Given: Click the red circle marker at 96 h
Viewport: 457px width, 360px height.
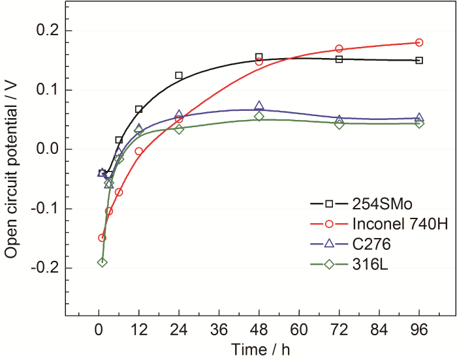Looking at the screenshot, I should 419,42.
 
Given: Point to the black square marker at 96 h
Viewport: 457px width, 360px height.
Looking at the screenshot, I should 419,61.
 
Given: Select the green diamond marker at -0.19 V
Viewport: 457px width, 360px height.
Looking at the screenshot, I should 102,262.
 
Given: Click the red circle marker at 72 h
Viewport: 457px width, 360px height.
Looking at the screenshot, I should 339,49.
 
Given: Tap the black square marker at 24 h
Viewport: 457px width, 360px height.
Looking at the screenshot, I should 179,76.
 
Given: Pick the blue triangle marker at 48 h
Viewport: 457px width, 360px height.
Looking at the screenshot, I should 259,106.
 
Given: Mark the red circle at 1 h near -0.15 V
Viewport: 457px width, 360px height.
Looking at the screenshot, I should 102,238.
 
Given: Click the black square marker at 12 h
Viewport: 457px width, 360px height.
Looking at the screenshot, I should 138,109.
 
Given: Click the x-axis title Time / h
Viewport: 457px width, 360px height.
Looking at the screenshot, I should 259,350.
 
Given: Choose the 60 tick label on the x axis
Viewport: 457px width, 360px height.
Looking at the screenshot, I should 299,331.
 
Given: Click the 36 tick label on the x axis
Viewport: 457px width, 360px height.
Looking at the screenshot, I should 219,331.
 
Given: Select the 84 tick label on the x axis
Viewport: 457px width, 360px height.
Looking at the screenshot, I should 379,331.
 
